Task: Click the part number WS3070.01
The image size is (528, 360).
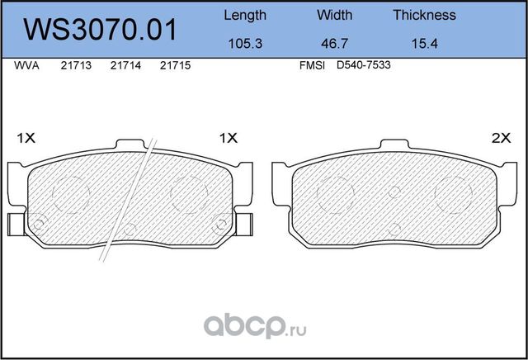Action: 100,30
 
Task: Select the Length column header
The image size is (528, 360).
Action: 245,16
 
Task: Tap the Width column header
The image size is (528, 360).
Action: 334,15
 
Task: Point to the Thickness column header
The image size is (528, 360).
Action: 424,15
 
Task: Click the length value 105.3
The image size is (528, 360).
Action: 245,44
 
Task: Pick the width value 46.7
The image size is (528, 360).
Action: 334,44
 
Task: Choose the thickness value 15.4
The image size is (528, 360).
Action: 425,44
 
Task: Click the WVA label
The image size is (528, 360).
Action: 26,65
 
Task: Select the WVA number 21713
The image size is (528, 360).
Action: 76,65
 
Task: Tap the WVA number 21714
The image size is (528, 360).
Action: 125,65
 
